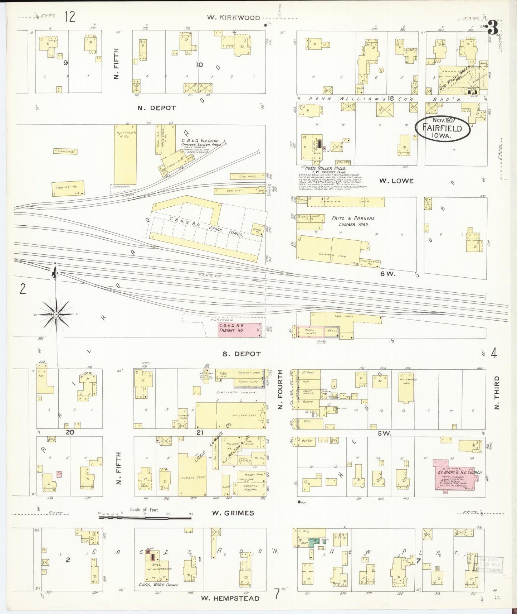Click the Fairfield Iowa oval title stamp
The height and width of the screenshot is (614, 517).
[442, 128]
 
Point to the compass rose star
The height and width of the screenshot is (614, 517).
[56, 315]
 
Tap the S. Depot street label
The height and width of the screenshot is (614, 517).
[242, 354]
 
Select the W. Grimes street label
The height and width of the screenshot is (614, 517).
[233, 513]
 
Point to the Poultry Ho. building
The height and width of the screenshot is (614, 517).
[68, 188]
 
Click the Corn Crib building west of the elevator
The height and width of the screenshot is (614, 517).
[66, 152]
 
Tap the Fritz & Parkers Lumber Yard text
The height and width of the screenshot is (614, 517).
[353, 221]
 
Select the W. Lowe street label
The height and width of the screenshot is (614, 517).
[396, 181]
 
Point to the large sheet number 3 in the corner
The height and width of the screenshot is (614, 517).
[493, 28]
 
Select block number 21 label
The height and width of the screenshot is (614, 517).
[200, 432]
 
